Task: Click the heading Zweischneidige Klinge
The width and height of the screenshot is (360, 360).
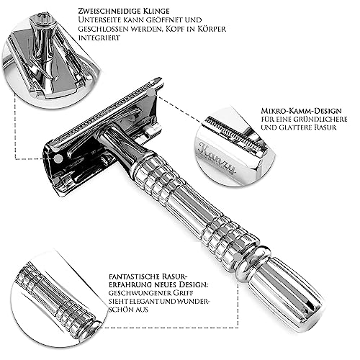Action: pos(124,11)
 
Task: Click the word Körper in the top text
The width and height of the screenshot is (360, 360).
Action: pos(212,29)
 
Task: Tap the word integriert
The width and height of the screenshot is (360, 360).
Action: pos(99,38)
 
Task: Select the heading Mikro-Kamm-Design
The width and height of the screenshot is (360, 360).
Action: pos(301,111)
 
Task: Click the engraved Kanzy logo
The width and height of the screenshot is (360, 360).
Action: pos(217,157)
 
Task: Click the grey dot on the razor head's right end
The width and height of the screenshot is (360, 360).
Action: pos(151,92)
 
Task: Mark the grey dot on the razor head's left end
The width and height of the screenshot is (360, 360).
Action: pos(58,158)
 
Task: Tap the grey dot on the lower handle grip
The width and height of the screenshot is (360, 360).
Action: pos(238,258)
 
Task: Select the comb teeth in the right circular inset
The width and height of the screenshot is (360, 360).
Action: pos(236,135)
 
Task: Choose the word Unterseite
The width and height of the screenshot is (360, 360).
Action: pos(99,19)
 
